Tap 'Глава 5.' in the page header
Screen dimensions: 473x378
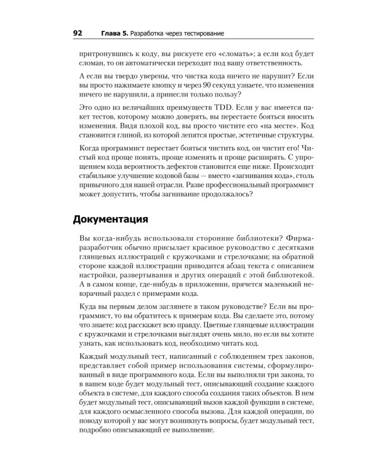[117, 33]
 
